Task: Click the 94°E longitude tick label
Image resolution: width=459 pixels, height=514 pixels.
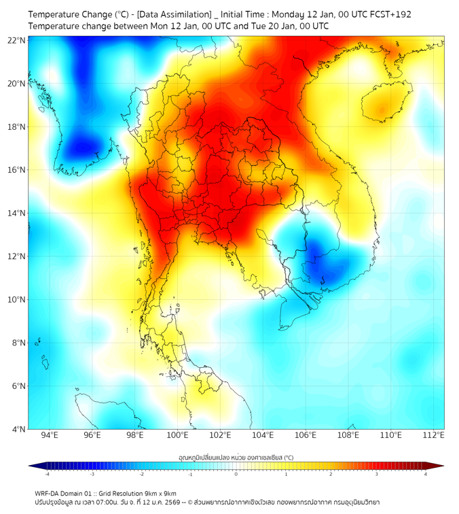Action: pos(50,436)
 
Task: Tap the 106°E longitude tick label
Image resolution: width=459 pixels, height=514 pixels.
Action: pos(306,436)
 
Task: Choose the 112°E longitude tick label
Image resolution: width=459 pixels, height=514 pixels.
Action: pos(434,436)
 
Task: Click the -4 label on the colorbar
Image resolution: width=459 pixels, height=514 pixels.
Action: pos(46,474)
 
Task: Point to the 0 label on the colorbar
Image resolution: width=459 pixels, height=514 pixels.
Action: pos(236,474)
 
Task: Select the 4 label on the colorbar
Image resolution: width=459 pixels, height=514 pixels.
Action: pos(426,474)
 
